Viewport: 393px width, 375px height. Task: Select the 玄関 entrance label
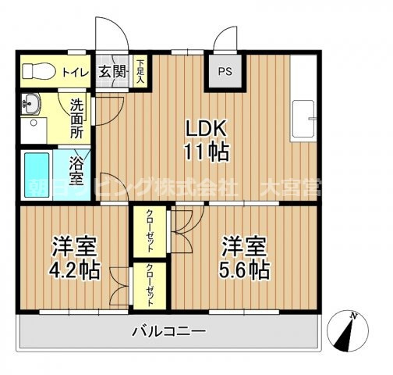pyautogui.click(x=112, y=73)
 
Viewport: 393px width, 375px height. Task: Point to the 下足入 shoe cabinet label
pyautogui.click(x=140, y=72)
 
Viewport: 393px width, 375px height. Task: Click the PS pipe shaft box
pyautogui.click(x=225, y=73)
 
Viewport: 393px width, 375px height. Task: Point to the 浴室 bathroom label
pyautogui.click(x=79, y=172)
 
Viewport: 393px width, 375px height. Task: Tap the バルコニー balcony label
pyautogui.click(x=168, y=331)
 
